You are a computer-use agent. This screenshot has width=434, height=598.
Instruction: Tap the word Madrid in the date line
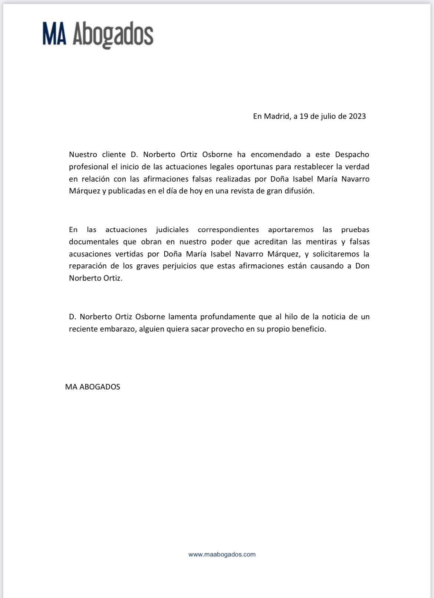click(x=276, y=116)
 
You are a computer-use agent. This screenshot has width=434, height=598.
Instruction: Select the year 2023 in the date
click(x=357, y=116)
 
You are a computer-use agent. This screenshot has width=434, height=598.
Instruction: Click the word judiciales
click(x=172, y=230)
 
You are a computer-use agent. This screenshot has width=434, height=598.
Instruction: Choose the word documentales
click(x=93, y=242)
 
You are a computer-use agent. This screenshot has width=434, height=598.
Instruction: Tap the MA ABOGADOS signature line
click(x=93, y=387)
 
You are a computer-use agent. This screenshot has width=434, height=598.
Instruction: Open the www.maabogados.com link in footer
click(x=222, y=554)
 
